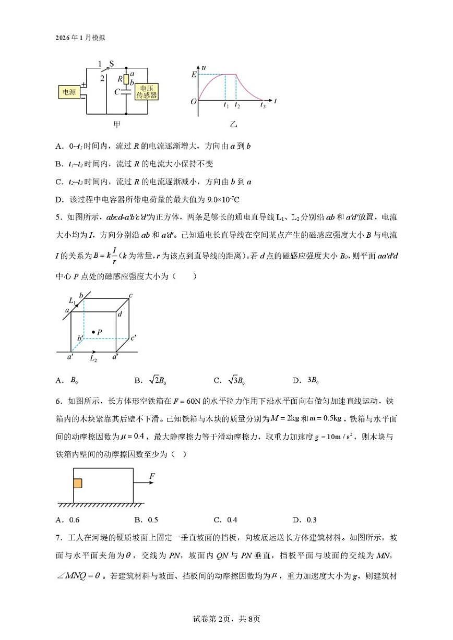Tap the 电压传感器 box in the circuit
(147, 92)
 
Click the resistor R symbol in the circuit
(126, 79)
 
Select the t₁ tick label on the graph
(226, 105)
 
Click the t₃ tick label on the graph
(263, 105)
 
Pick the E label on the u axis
(194, 75)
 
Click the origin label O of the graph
(194, 101)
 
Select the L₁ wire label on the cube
(72, 301)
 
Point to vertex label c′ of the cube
(134, 337)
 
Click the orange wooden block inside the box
(78, 483)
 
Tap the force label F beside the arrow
(152, 476)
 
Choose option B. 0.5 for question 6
(146, 520)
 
